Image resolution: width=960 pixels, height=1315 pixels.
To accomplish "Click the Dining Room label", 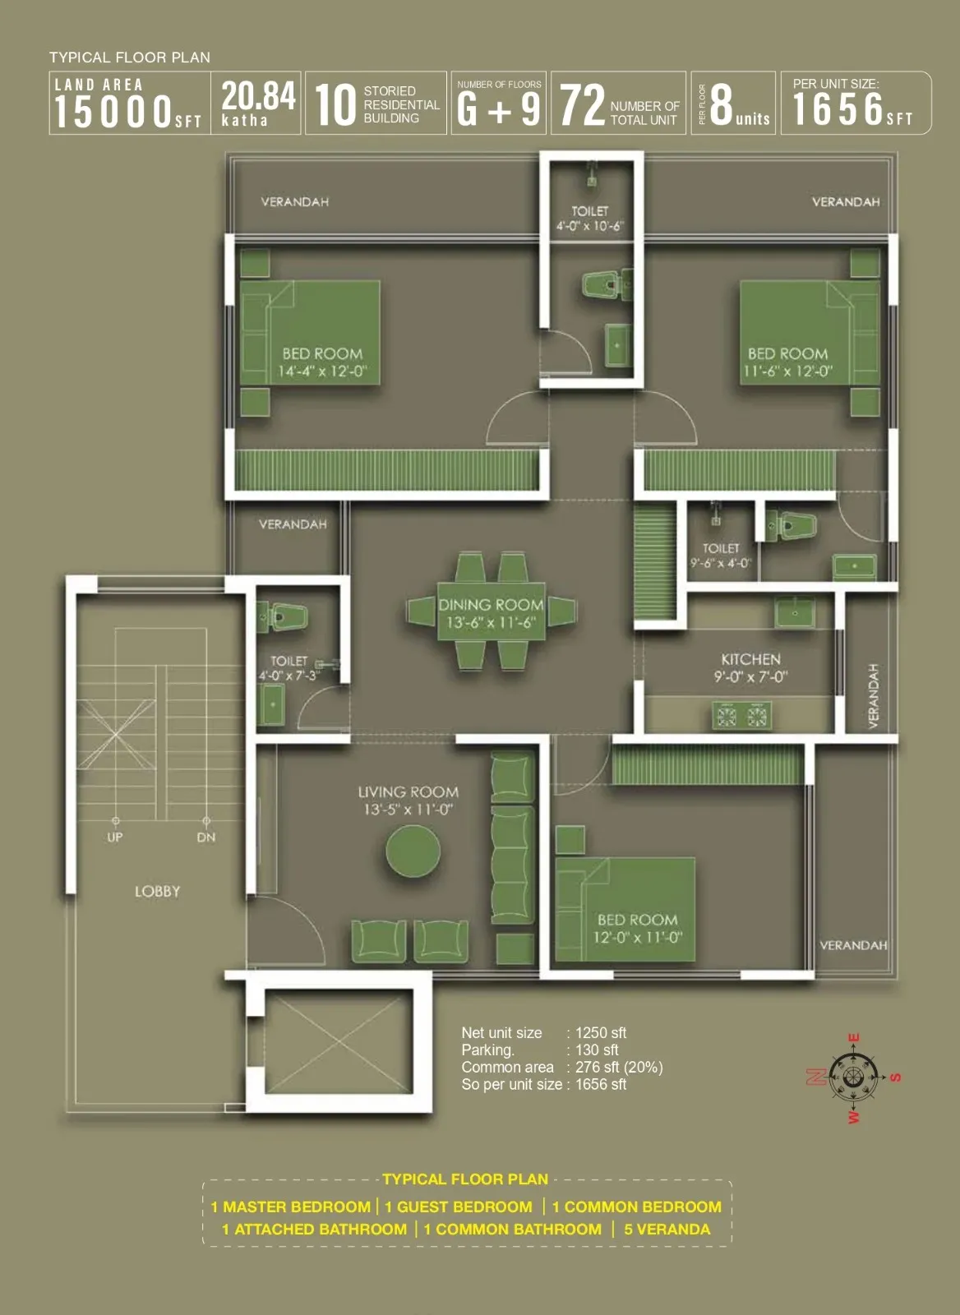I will pyautogui.click(x=491, y=605).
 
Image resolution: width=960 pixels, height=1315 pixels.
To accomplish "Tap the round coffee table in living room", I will pyautogui.click(x=413, y=851).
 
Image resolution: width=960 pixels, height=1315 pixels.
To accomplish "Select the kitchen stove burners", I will pyautogui.click(x=741, y=717).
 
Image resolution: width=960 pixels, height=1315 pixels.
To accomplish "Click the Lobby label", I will pyautogui.click(x=157, y=892).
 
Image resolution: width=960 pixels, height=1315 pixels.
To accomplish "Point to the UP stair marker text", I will pyautogui.click(x=115, y=837).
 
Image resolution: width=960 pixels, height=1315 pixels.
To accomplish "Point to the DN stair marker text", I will pyautogui.click(x=206, y=837).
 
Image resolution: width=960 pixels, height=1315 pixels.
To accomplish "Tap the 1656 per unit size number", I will pyautogui.click(x=838, y=109).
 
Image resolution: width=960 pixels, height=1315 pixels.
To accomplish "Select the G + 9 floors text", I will pyautogui.click(x=498, y=109).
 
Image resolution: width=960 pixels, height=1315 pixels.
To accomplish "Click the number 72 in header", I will pyautogui.click(x=582, y=107).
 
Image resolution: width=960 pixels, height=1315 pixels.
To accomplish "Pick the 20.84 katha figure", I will pyautogui.click(x=258, y=95).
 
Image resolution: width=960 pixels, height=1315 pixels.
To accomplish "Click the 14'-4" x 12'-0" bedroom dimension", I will pyautogui.click(x=322, y=371).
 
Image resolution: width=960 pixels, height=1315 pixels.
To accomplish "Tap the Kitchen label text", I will pyautogui.click(x=750, y=659).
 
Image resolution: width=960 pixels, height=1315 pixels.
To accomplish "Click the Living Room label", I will pyautogui.click(x=408, y=792).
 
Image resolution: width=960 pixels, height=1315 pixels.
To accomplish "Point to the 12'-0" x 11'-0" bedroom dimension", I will pyautogui.click(x=638, y=938).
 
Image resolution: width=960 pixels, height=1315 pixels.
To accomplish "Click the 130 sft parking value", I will pyautogui.click(x=597, y=1050).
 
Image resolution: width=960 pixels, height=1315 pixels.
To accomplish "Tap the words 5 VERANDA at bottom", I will pyautogui.click(x=667, y=1230).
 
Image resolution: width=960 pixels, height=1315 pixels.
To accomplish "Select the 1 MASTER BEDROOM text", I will pyautogui.click(x=290, y=1207).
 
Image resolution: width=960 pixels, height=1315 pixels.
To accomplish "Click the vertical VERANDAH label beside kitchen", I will pyautogui.click(x=874, y=695).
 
